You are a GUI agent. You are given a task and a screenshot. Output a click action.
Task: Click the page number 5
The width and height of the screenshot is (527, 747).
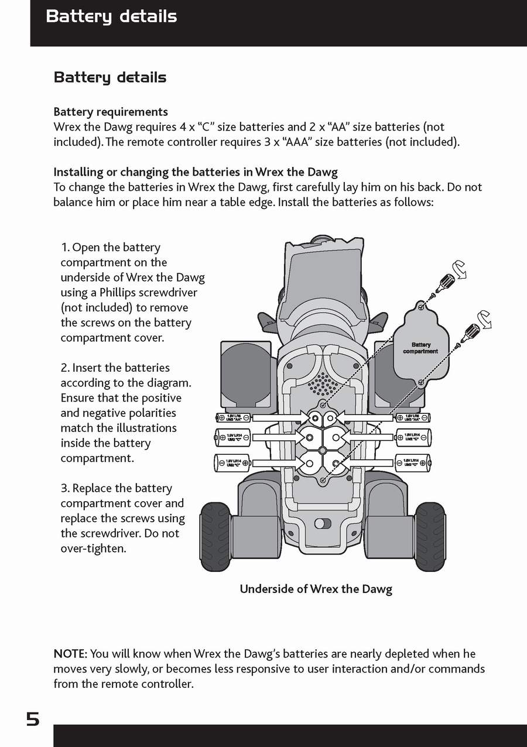33,719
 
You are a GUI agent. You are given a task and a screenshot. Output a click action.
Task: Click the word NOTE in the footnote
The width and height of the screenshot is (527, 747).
70,654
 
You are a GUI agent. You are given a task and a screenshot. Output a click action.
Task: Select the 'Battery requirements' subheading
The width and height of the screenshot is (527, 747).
111,112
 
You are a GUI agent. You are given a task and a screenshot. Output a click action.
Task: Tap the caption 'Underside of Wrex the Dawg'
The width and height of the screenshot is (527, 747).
316,589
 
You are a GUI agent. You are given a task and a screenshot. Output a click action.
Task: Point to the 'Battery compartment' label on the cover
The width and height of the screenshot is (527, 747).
420,348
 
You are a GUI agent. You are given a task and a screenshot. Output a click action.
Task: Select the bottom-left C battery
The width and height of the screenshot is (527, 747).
232,462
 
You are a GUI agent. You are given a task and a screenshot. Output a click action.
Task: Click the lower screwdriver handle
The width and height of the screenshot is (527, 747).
471,333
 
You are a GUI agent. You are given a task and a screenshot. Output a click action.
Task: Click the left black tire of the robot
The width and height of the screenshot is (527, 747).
215,536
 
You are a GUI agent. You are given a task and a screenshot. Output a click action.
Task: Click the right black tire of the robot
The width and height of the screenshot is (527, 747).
430,536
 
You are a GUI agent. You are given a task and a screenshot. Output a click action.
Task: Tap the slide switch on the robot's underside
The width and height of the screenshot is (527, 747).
322,523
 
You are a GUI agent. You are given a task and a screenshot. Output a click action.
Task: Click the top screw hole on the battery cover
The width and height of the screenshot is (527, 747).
421,306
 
